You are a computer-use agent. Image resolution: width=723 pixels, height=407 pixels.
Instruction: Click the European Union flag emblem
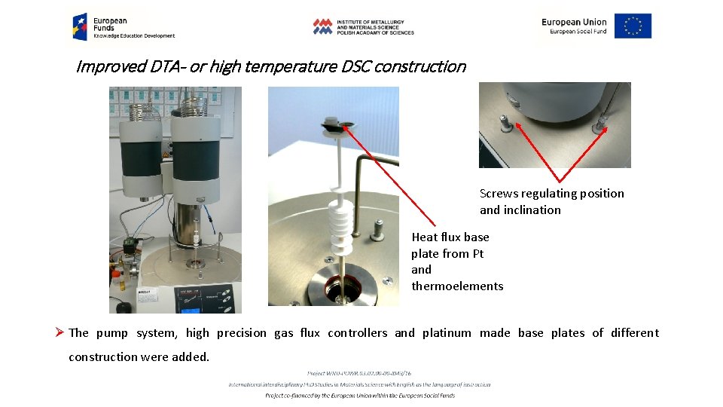pos(633,26)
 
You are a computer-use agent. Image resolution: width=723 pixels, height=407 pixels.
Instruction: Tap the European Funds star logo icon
pos(79,26)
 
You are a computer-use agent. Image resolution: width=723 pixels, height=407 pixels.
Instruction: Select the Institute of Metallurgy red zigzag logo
pos(322,26)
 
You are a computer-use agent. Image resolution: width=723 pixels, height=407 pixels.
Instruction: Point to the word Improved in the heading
pos(111,66)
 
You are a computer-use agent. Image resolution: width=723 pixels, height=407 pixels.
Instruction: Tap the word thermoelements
pos(457,286)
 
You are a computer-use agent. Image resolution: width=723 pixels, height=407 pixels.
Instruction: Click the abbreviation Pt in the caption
pos(477,254)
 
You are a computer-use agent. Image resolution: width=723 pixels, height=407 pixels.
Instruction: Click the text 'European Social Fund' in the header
pos(578,32)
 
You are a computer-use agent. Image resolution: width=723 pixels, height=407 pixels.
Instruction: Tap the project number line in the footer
pos(359,373)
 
